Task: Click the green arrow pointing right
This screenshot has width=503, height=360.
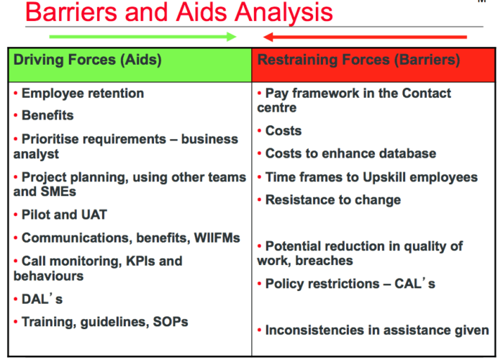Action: pos(142,37)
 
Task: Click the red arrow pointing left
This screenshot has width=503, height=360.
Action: pos(365,37)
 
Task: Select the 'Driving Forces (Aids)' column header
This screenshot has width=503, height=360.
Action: pos(87,60)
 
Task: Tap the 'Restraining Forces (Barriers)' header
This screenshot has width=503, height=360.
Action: pos(358,60)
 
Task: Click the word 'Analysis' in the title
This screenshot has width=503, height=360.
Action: pos(284,12)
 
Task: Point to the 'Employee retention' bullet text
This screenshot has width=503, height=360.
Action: pos(83,94)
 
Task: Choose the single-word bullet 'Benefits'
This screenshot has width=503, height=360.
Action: pos(47,115)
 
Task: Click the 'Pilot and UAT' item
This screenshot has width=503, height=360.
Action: pos(64,215)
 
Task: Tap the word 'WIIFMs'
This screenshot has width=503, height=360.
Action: pos(217,238)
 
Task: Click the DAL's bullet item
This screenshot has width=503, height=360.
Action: pos(42,299)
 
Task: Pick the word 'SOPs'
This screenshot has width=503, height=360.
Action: pos(171,322)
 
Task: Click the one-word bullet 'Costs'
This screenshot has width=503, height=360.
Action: pos(284,130)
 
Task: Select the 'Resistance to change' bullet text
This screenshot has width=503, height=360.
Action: pos(333,200)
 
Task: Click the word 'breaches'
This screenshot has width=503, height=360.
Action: pos(324,261)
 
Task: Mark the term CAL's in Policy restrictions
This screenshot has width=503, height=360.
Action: pos(414,284)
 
